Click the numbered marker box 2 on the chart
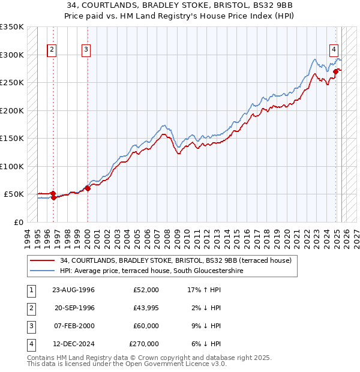pyautogui.click(x=52, y=50)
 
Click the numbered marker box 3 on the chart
pyautogui.click(x=86, y=50)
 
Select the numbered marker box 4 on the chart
pyautogui.click(x=334, y=50)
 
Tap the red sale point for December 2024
pyautogui.click(x=336, y=72)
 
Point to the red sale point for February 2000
pyautogui.click(x=88, y=188)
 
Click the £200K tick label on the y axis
pyautogui.click(x=12, y=110)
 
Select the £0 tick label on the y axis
pyautogui.click(x=19, y=222)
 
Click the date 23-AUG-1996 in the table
pyautogui.click(x=74, y=290)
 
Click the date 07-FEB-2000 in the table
pyautogui.click(x=74, y=326)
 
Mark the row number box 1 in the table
pyautogui.click(x=29, y=290)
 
